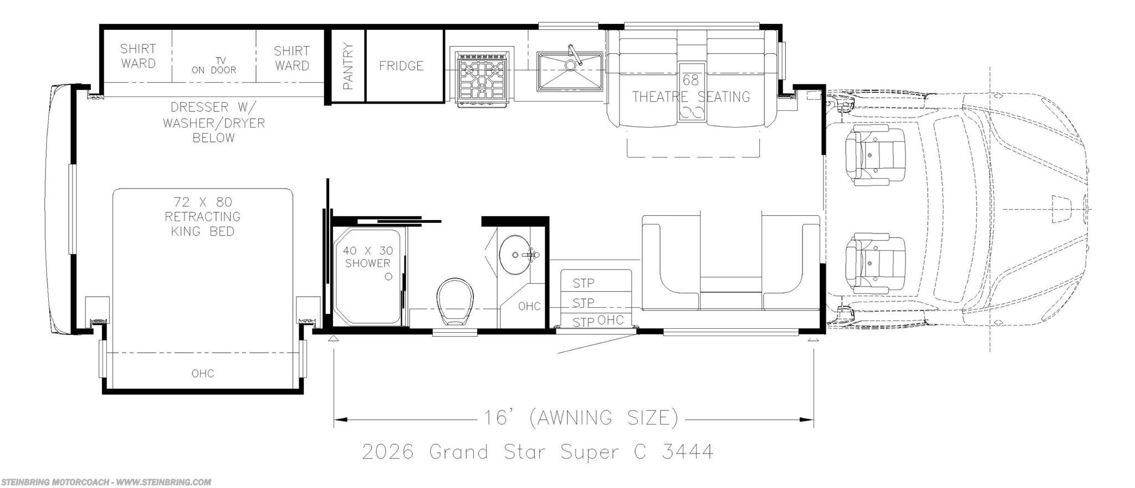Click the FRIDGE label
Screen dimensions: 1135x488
pos(401,66)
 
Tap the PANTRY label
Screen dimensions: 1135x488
pos(348,66)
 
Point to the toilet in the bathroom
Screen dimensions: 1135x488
pos(456,302)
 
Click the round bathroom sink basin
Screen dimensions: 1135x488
pos(516,255)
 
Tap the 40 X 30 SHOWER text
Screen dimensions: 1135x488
pos(368,257)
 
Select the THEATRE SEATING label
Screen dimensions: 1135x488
pos(691,96)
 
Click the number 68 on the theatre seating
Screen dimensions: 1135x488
pos(691,80)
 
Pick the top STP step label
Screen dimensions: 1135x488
pos(584,283)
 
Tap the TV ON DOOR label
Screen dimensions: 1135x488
pos(214,65)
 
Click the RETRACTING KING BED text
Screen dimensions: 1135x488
pos(203,223)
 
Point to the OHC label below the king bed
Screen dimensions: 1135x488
pos(203,374)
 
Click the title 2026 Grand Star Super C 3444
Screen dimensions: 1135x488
pos(538,452)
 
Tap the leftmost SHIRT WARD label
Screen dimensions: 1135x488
pos(138,56)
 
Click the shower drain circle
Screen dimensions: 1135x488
pos(388,276)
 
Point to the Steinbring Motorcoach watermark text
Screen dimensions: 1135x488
pos(106,482)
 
